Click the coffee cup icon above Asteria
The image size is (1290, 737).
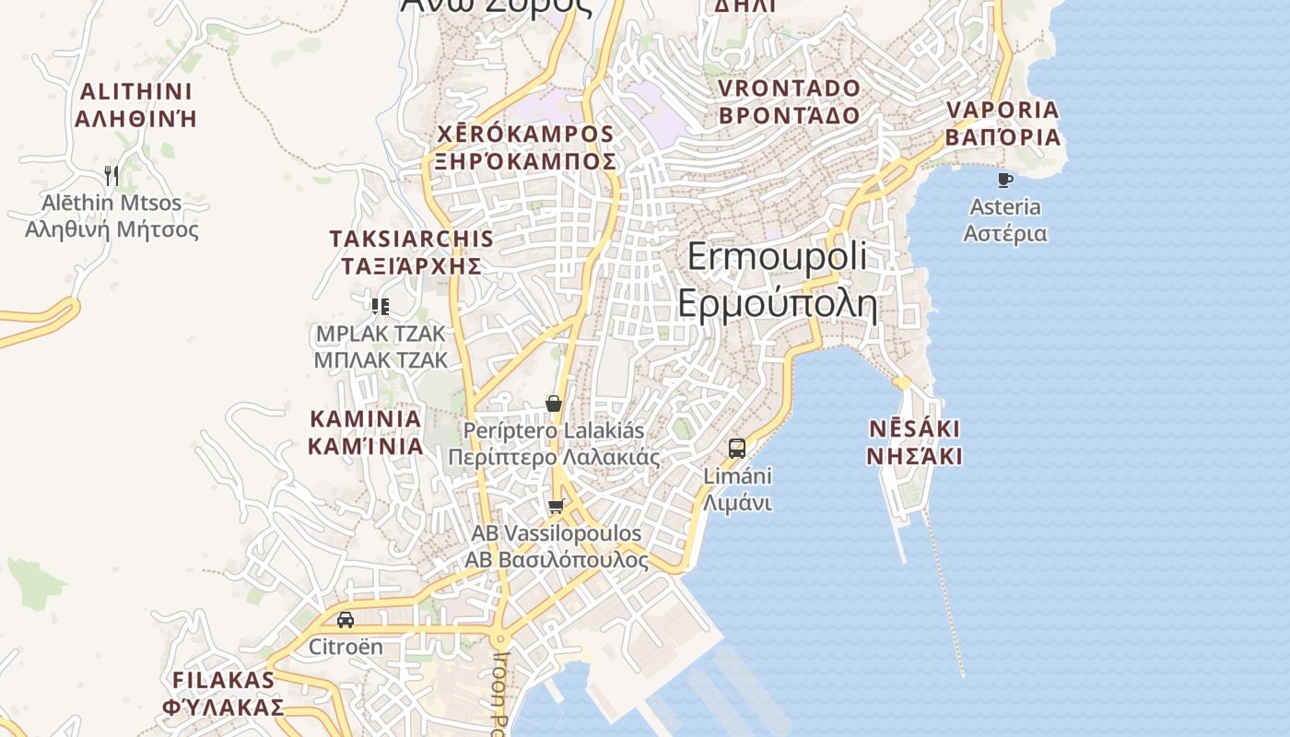click(1004, 180)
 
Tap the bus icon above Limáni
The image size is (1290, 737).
click(737, 449)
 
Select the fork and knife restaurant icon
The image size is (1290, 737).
click(111, 175)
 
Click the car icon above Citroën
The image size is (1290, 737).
click(346, 620)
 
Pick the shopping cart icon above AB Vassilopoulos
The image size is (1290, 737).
click(556, 506)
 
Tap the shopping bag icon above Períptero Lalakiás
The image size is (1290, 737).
click(554, 404)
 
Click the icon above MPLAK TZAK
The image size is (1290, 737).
click(380, 307)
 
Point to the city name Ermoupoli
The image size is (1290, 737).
click(777, 256)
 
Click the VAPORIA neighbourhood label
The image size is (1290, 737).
click(1003, 110)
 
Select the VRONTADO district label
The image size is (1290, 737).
click(789, 88)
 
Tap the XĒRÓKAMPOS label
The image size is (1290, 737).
click(526, 134)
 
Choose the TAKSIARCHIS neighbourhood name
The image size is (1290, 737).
click(411, 239)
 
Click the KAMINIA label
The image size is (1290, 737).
click(366, 419)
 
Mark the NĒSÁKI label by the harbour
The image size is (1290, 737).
click(915, 429)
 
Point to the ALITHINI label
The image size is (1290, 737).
click(136, 92)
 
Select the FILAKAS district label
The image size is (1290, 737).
click(223, 681)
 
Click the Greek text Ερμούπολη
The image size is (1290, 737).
click(777, 303)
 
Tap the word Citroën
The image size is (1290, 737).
click(346, 646)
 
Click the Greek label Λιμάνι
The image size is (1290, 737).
click(737, 503)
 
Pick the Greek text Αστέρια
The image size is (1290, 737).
click(1005, 233)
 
